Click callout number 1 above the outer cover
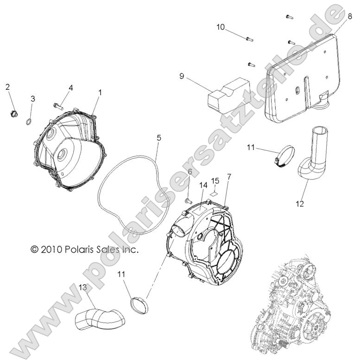pos(100,92)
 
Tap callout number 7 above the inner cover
pos(228,178)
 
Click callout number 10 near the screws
pos(221,27)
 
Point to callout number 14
pos(202,185)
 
